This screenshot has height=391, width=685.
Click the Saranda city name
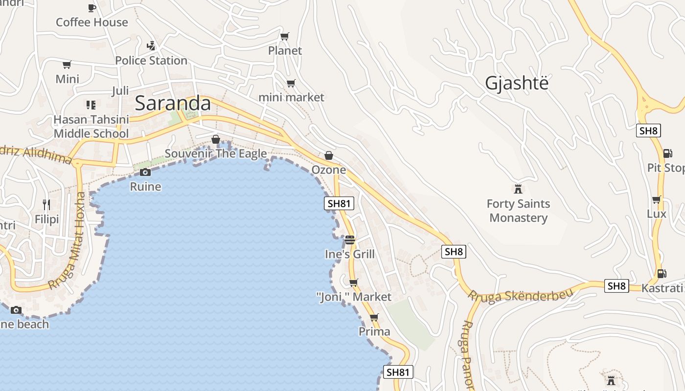point(173,103)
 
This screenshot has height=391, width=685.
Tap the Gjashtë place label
point(517,84)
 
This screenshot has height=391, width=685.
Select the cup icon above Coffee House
point(91,8)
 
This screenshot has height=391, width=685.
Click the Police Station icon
point(151,46)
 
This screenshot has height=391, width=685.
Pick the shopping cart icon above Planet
point(284,36)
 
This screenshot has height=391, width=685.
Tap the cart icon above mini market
point(291,83)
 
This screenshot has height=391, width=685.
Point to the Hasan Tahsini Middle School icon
point(91,105)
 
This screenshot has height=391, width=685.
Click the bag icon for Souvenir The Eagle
point(215,140)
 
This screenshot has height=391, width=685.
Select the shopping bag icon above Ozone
point(329,155)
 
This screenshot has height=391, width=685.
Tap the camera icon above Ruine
point(145,172)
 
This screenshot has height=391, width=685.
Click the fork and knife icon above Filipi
point(46,204)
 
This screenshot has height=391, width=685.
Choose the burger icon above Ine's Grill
point(349,240)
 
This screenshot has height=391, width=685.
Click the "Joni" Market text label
point(354,297)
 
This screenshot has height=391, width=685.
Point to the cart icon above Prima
point(374,317)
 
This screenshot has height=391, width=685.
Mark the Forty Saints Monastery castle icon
point(518,189)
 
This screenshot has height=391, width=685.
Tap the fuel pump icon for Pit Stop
point(667,153)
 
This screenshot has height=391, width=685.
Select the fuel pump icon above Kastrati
point(662,274)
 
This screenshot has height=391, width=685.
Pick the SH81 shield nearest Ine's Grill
point(339,203)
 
